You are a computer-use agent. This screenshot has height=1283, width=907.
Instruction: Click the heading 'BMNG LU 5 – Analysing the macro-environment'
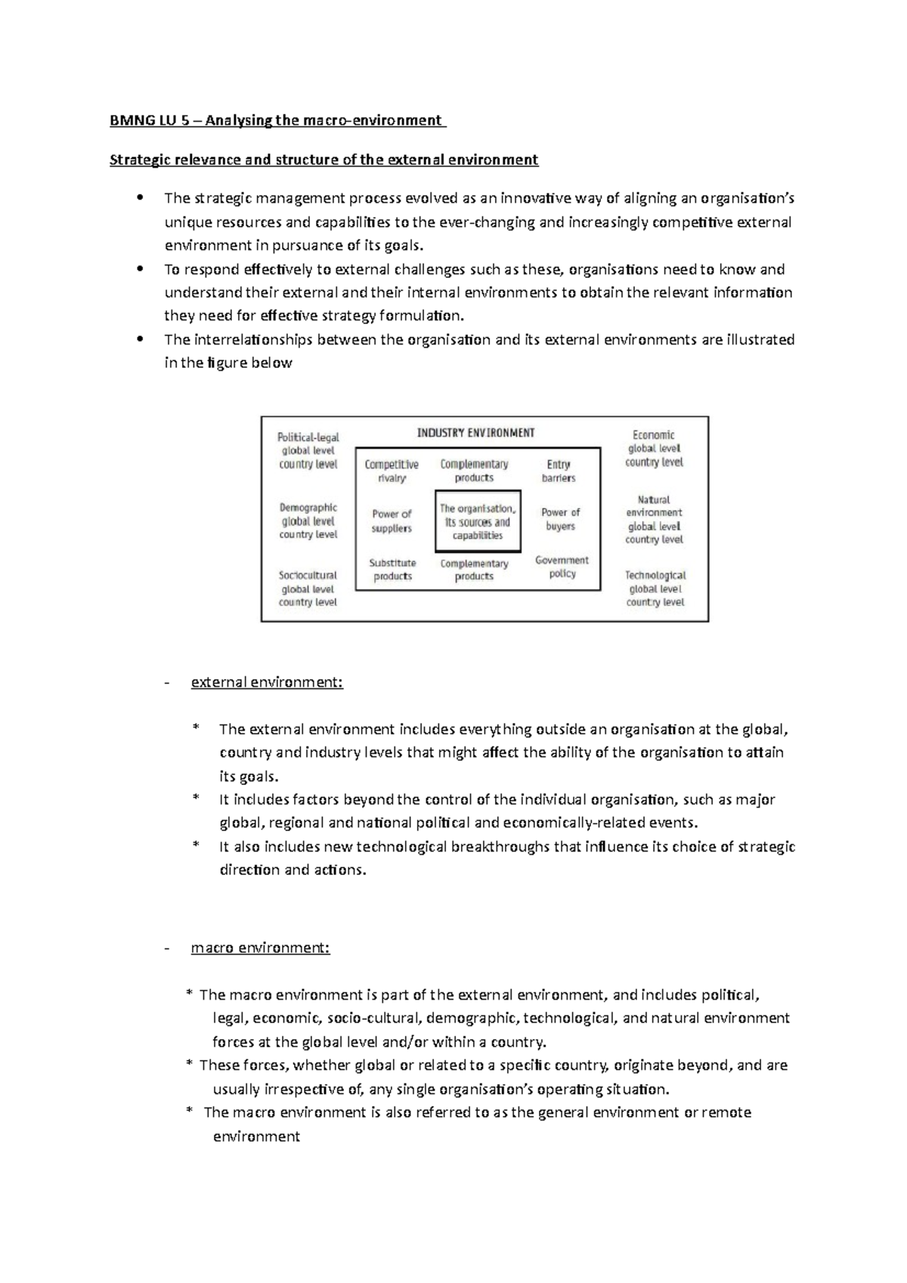point(277,120)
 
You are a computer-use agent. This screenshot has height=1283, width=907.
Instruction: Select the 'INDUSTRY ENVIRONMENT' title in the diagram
point(475,433)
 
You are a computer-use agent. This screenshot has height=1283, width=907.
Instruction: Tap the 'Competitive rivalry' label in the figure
point(392,471)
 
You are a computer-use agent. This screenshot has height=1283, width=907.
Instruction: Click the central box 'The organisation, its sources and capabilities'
point(478,522)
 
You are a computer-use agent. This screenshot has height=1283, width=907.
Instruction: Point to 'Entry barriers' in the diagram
point(559,471)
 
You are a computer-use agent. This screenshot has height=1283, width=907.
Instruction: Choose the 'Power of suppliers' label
point(392,521)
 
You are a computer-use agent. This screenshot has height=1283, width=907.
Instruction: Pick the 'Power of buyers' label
point(560,519)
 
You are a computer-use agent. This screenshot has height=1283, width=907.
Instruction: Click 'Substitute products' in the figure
point(392,569)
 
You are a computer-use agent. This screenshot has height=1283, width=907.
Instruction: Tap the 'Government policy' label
point(562,567)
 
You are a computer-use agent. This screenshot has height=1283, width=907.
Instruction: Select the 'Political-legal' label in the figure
point(308,437)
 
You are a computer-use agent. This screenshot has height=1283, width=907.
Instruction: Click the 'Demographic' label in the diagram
point(308,508)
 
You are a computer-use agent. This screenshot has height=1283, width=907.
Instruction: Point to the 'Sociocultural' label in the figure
point(308,575)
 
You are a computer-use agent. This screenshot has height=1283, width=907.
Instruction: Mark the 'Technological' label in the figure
point(655,575)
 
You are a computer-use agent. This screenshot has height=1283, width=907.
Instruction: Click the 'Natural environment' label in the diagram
point(654,505)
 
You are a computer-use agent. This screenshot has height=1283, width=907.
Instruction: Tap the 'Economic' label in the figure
point(654,434)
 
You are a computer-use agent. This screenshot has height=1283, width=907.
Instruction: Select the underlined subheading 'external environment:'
point(267,682)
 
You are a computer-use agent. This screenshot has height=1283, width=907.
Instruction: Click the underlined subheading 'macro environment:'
point(260,948)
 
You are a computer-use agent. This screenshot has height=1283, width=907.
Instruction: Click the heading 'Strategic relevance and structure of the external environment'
point(323,159)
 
